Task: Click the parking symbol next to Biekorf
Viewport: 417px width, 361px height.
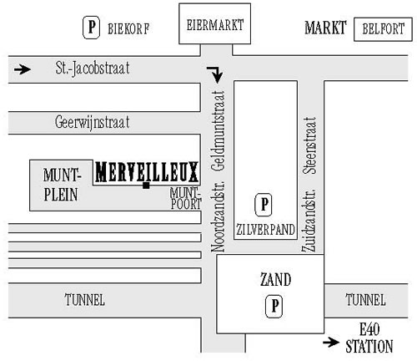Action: pos(91,28)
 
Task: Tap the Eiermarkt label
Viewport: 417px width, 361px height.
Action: pos(215,25)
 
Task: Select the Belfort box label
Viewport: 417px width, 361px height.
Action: pos(383,29)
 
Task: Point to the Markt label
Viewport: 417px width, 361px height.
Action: pos(325,28)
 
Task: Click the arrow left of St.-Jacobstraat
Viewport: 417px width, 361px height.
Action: pos(23,69)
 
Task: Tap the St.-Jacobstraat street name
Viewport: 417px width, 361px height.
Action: pos(93,69)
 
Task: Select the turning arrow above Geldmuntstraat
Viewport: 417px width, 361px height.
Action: pos(215,74)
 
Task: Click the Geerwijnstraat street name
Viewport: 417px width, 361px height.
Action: pos(92,122)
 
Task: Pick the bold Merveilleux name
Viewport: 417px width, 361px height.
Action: pos(147,171)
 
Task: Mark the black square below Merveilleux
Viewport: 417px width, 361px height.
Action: pos(146,186)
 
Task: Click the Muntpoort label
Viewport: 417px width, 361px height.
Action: pos(185,198)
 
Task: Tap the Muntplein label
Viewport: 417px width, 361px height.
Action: pos(62,185)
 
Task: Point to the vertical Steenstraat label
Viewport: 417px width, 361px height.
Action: pos(309,145)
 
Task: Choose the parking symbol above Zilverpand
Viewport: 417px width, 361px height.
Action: pos(264,205)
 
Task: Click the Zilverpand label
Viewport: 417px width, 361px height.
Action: pos(265,230)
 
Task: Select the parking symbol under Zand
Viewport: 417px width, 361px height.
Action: pos(274,307)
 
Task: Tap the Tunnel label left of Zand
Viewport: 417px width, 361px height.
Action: pos(85,300)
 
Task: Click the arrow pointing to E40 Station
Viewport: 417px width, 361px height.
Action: pos(331,342)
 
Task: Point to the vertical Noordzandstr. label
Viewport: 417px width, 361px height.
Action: pos(218,216)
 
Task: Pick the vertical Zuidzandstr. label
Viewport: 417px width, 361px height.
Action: pos(309,221)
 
